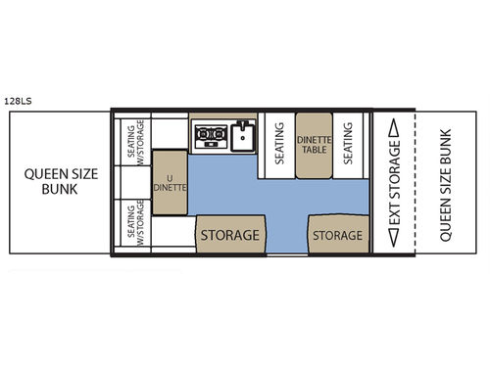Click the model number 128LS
point(18,101)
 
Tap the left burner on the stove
point(203,133)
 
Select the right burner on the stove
point(217,133)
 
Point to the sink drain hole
point(243,138)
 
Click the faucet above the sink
point(242,124)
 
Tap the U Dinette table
point(170,183)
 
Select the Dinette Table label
point(315,145)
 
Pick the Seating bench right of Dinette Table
point(348,146)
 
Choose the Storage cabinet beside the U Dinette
point(230,234)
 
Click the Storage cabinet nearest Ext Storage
point(338,234)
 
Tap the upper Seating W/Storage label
point(135,142)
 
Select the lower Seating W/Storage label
point(135,223)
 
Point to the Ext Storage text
point(394,183)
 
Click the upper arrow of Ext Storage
point(394,127)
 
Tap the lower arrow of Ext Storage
point(394,238)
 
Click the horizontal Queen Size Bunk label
point(61,182)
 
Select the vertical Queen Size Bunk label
point(446,185)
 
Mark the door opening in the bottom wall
point(287,254)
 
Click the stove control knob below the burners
point(210,144)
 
